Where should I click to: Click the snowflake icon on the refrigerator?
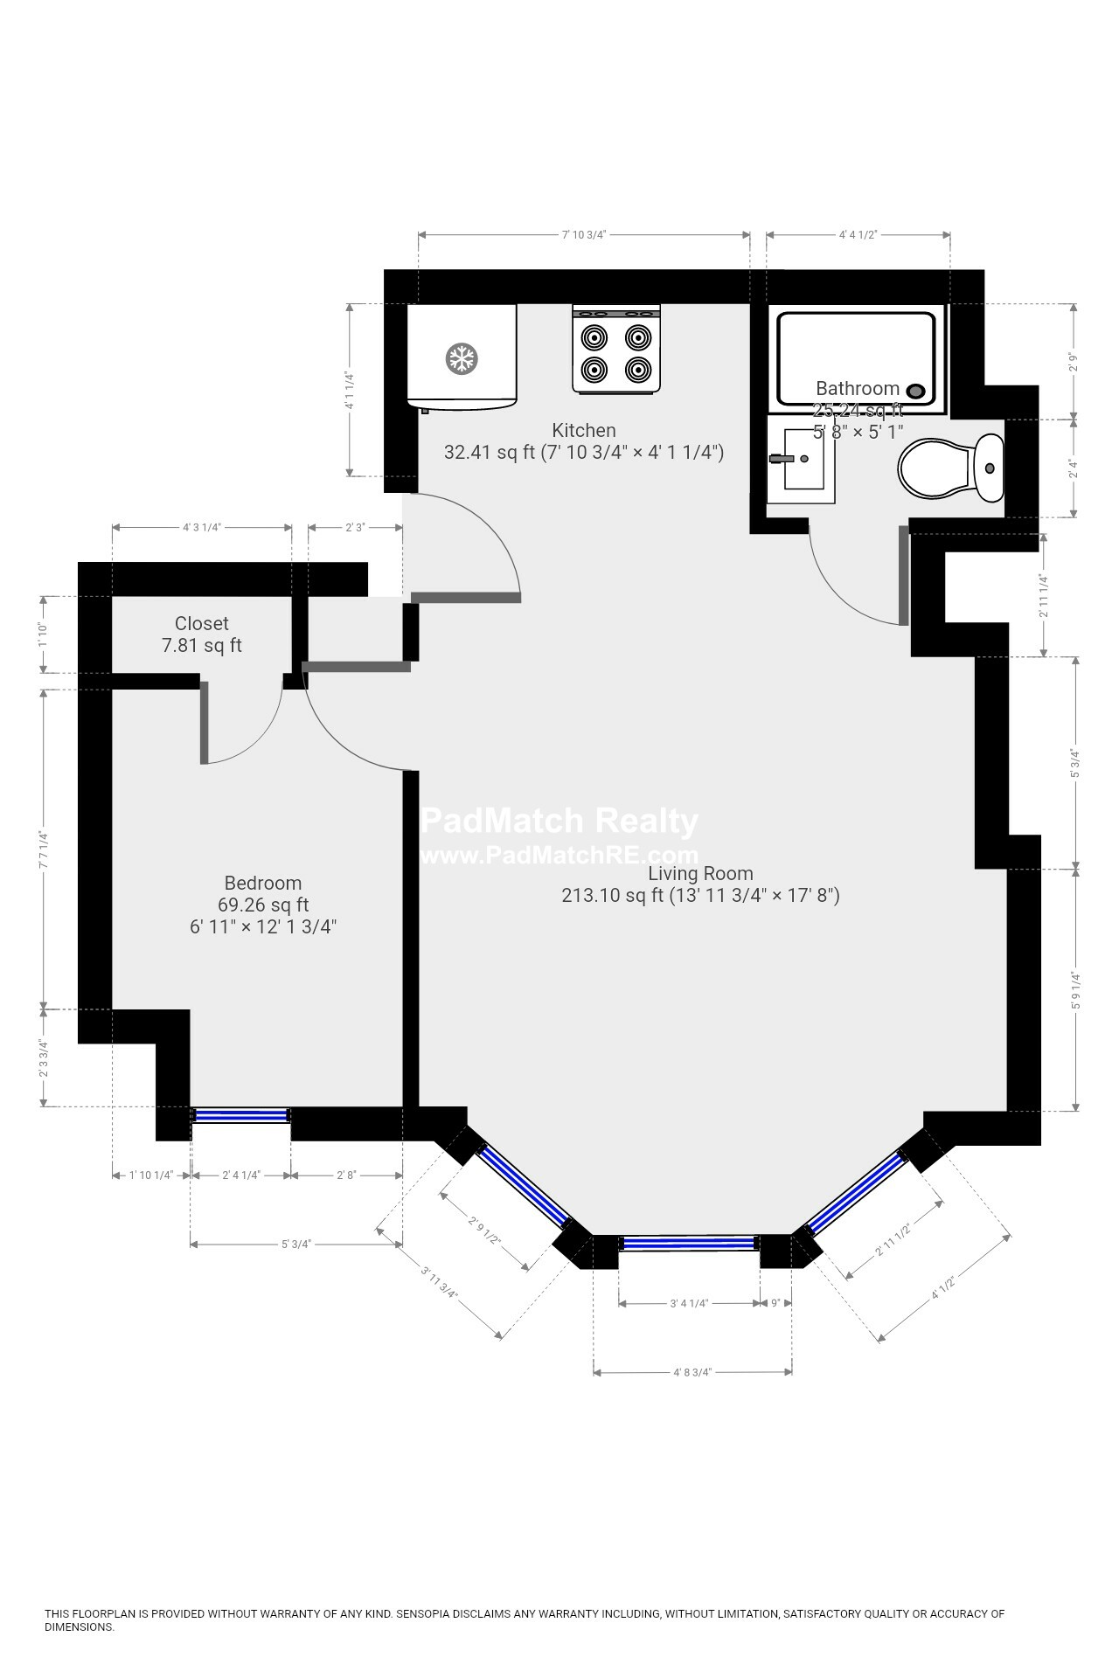[x=461, y=358]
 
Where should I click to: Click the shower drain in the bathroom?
[x=916, y=392]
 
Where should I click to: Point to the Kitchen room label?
[x=583, y=430]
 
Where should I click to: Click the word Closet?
[x=201, y=623]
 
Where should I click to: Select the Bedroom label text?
[x=262, y=883]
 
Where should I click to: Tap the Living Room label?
[x=699, y=873]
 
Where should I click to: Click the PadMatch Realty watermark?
[x=559, y=822]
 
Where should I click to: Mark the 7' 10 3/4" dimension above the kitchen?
[x=583, y=234]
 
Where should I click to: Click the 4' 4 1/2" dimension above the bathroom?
[x=858, y=234]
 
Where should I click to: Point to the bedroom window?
[x=240, y=1115]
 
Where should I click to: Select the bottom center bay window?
[x=688, y=1242]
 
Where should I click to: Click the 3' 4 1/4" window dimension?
[x=688, y=1303]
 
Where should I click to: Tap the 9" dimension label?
[x=775, y=1303]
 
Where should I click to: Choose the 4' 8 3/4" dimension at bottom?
[x=692, y=1372]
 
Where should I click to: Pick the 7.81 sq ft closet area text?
[x=201, y=646]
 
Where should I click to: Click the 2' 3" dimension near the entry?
[x=354, y=527]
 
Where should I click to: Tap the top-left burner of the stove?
[x=594, y=337]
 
